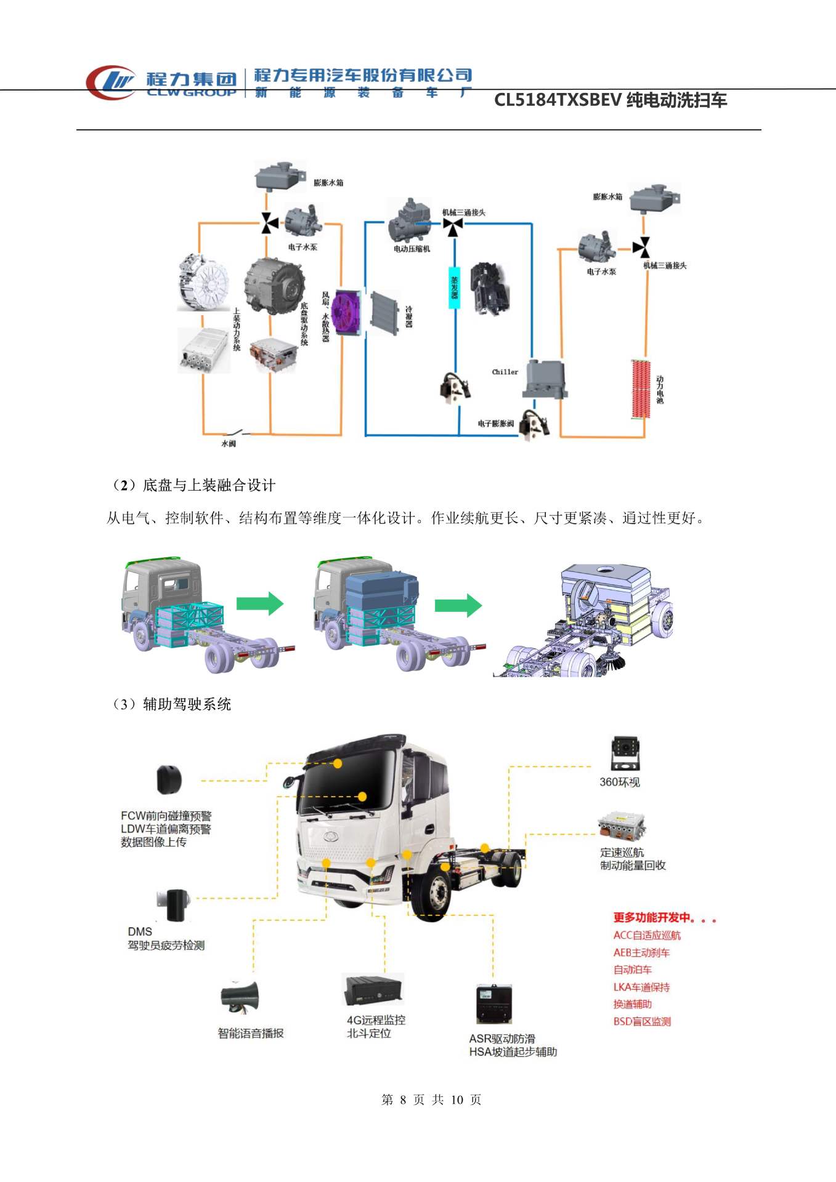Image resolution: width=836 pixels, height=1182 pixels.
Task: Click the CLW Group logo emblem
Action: tap(111, 82)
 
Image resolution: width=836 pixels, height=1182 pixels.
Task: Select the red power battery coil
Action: tap(641, 389)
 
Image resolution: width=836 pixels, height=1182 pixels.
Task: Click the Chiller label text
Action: tap(505, 372)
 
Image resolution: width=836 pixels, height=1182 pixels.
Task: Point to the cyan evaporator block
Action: tap(455, 287)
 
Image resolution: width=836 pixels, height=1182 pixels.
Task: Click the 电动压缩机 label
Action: tap(412, 249)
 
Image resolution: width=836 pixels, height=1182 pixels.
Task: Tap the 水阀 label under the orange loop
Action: tap(229, 443)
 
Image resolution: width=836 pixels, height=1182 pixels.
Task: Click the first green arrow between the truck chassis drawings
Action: tap(260, 603)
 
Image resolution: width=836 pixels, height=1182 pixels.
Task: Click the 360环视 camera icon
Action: tap(625, 753)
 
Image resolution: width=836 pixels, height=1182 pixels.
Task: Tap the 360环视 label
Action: tap(620, 782)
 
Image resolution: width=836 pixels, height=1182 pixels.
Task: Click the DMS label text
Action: tap(140, 931)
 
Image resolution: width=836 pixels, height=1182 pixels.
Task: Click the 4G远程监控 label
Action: tap(376, 1019)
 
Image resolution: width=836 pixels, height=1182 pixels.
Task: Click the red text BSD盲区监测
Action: tap(642, 1021)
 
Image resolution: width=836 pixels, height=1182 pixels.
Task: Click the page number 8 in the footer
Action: tap(403, 1100)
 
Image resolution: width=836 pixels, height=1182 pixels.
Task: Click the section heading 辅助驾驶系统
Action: tap(187, 704)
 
